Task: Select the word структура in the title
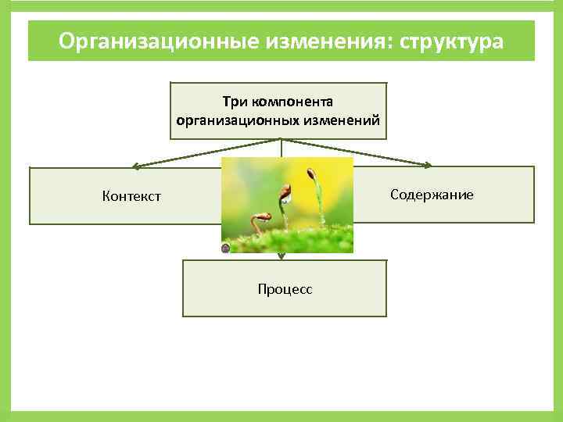450,41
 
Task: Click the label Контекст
131,196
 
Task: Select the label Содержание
432,194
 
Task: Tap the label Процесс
285,289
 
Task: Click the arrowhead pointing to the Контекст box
135,166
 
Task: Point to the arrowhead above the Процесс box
281,256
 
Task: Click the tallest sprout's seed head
312,173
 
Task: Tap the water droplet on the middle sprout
287,199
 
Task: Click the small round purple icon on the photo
225,249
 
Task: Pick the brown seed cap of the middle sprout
286,190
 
